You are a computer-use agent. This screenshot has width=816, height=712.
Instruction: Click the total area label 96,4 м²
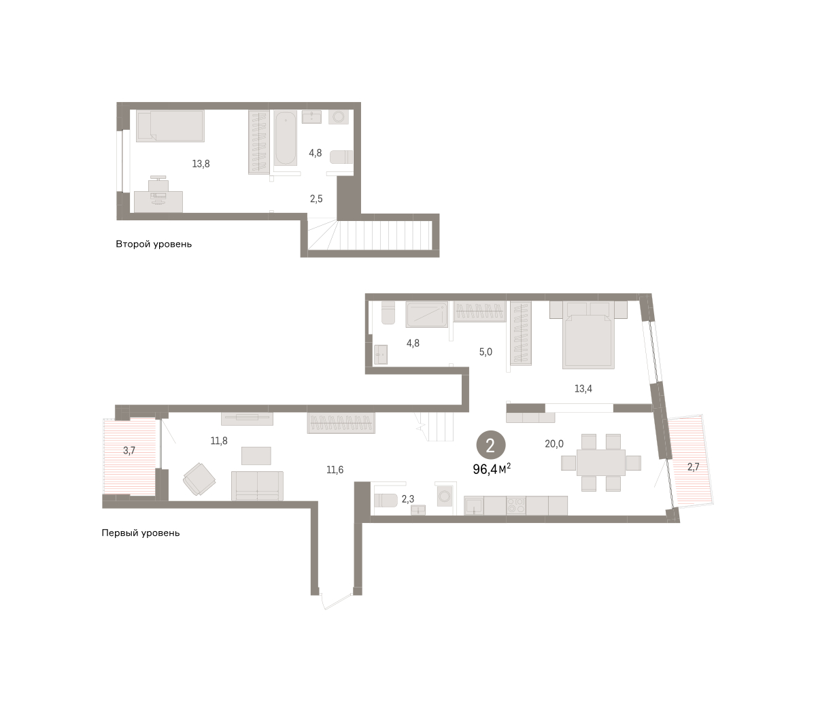pos(492,469)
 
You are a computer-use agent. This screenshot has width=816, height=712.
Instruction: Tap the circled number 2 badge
pos(491,445)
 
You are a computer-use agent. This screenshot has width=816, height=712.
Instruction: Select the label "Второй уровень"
pos(154,243)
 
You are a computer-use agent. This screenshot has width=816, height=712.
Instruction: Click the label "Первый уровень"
pos(140,533)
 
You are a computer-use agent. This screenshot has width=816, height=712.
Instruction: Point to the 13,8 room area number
pos(201,163)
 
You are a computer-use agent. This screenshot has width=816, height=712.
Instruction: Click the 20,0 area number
pos(554,443)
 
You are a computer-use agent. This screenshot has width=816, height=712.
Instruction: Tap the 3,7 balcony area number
pos(129,451)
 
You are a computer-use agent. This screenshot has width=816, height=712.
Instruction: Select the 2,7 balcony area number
pos(693,467)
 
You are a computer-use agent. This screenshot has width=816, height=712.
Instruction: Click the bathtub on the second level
pos(285,138)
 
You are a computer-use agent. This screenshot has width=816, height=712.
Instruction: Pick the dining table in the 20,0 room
pos(600,462)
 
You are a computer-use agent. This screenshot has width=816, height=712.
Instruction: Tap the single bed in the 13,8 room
pos(170,126)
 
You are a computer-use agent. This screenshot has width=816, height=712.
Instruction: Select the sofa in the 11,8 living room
pos(257,486)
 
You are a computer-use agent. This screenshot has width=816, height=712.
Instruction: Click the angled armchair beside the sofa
pos(199,479)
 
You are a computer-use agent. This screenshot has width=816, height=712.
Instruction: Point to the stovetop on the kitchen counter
pos(516,506)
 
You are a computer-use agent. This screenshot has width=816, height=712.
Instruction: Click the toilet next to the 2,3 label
pos(386,501)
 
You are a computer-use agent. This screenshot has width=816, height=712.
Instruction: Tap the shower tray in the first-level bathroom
pos(427,314)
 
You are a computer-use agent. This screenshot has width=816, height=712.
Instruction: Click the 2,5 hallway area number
pos(316,199)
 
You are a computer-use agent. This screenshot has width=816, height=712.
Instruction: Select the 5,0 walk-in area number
pos(486,352)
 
